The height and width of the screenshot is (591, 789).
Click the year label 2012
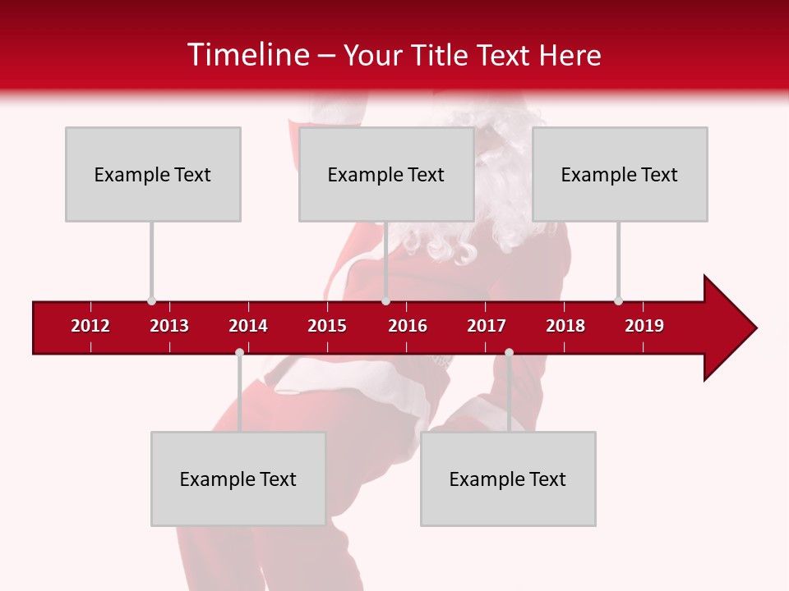[90, 326]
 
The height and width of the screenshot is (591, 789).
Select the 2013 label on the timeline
[169, 326]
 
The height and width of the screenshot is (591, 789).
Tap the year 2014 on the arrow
[248, 326]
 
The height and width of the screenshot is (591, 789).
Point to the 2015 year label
[327, 326]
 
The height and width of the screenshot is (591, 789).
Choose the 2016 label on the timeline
[408, 326]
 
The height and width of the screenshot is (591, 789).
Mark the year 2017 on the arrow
[487, 326]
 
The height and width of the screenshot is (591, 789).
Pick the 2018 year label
[565, 326]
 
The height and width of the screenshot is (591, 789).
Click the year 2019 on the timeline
[644, 326]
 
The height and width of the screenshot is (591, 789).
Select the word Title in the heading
[441, 55]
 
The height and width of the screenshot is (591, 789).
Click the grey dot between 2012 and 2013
[151, 300]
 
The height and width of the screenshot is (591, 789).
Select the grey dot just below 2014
[239, 352]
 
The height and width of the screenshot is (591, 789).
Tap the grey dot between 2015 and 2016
[385, 300]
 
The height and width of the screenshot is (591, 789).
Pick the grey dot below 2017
[509, 352]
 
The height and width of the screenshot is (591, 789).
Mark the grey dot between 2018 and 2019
[618, 300]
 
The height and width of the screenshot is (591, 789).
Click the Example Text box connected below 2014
[238, 479]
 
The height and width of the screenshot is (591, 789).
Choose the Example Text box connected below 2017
[508, 479]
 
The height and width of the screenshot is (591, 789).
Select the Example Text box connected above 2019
[620, 174]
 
